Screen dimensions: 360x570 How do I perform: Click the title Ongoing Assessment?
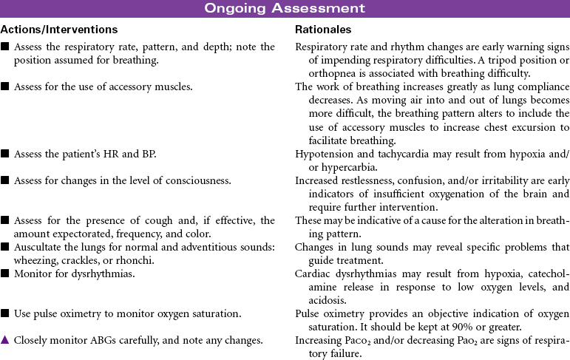click(x=285, y=9)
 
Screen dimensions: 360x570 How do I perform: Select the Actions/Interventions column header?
click(x=59, y=30)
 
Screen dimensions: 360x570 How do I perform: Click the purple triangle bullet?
click(x=5, y=341)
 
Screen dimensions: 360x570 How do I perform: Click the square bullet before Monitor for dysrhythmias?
click(x=5, y=271)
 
